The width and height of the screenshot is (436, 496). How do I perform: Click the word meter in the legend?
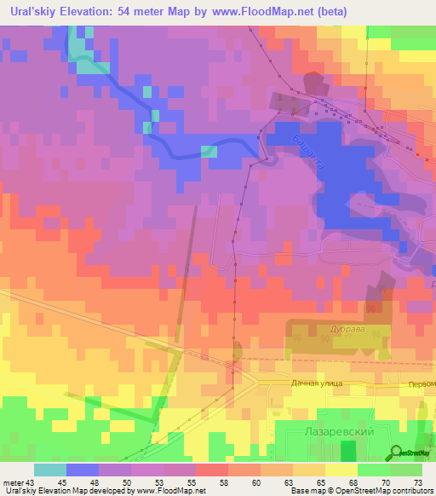click(13, 482)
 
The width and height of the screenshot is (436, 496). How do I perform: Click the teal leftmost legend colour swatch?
click(49, 470)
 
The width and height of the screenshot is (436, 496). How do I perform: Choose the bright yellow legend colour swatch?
click(341, 470)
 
